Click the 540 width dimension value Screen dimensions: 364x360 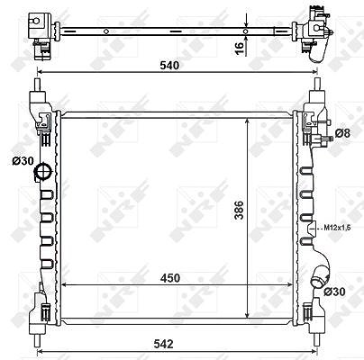169,65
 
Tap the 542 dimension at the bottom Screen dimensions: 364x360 163,344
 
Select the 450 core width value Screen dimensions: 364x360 170,278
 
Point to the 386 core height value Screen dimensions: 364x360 240,211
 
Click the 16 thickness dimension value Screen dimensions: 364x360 239,49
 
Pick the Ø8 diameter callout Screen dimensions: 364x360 343,133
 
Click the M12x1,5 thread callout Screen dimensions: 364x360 337,228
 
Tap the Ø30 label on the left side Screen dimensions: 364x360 23,161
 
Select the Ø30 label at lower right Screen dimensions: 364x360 335,292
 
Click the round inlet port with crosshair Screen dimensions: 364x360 43,172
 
